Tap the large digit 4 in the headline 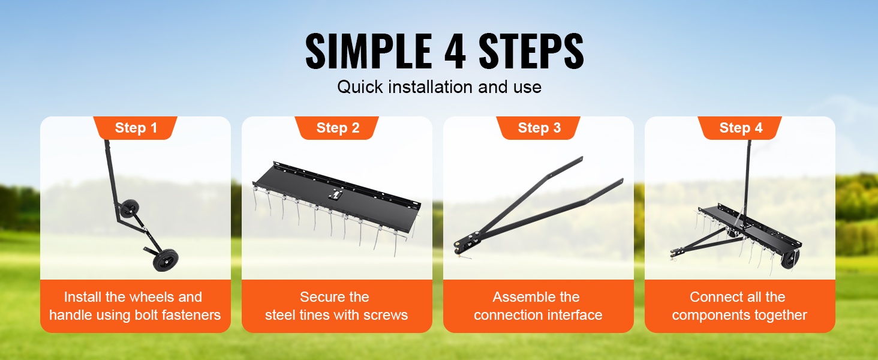(x=455, y=52)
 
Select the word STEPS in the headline (x=531, y=52)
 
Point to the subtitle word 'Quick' (x=360, y=87)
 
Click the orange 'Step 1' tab (x=135, y=128)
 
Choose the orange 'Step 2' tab (x=337, y=128)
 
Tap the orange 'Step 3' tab (x=539, y=128)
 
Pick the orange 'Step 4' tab (x=740, y=128)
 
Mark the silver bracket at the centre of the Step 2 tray (x=336, y=194)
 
